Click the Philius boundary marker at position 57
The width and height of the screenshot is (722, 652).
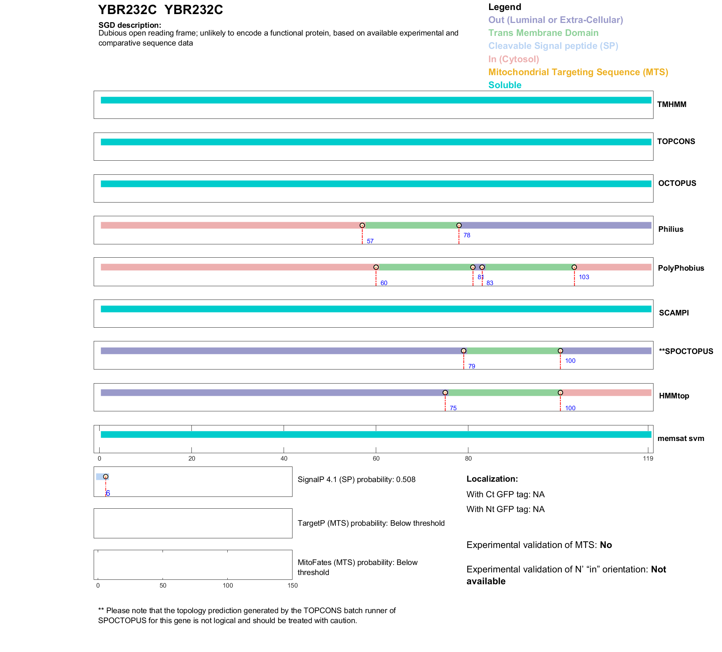362,225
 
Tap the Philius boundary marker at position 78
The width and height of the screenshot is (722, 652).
459,225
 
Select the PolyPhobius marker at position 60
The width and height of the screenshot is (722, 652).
376,267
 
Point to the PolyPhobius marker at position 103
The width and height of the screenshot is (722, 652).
574,267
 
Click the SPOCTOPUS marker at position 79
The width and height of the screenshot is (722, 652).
464,351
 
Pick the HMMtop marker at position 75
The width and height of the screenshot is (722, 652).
445,393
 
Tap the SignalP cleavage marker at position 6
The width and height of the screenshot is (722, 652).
106,477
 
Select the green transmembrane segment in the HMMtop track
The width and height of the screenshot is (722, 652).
502,393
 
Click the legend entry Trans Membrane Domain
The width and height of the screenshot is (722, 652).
543,33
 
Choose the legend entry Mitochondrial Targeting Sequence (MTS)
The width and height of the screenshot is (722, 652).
578,72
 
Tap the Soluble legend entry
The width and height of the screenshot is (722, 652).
505,85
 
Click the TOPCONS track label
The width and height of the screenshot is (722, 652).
676,141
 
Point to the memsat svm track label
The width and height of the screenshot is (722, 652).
681,438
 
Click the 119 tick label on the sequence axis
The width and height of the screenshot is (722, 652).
648,459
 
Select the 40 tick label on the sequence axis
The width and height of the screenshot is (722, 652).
284,459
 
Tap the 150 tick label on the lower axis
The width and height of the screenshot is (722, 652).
293,586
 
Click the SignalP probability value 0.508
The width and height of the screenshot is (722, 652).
406,480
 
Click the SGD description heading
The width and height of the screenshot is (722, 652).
130,25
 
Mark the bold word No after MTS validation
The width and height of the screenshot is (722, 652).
606,545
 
